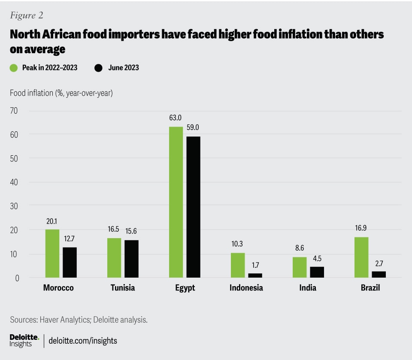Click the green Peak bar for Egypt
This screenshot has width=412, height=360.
tap(176, 202)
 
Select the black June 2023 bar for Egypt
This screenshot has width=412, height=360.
tap(193, 207)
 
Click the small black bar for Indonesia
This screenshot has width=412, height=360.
tap(255, 275)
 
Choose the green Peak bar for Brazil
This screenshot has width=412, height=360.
tap(361, 257)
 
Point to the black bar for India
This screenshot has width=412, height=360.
tap(317, 272)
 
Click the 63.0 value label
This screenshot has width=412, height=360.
tap(176, 118)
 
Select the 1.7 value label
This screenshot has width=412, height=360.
tap(255, 264)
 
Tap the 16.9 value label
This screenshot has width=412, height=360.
tap(361, 228)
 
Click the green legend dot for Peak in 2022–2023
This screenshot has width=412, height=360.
tap(14, 68)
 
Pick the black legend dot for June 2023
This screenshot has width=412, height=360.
tap(98, 68)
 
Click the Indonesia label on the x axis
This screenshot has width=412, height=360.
tap(246, 288)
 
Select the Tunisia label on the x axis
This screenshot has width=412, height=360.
tap(122, 288)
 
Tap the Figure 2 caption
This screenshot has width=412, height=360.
tap(26, 16)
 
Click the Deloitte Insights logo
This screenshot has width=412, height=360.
tap(24, 341)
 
